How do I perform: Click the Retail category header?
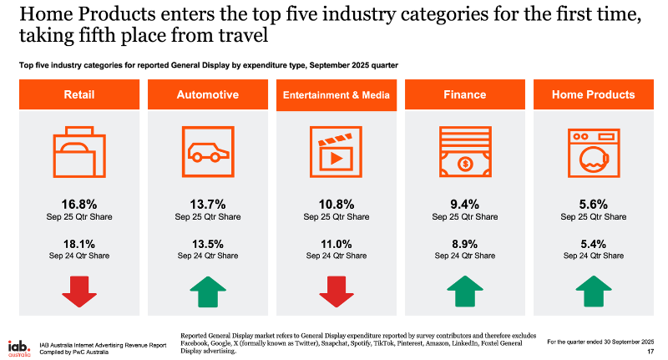click(x=78, y=95)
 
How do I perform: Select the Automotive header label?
click(x=207, y=95)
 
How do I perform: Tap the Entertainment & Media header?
click(x=337, y=95)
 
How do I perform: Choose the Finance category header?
click(x=465, y=95)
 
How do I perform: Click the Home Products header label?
click(x=594, y=95)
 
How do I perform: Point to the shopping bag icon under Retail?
click(x=78, y=152)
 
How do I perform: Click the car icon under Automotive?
click(x=207, y=152)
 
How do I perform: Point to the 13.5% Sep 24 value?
click(x=207, y=244)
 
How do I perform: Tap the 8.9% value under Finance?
click(x=465, y=244)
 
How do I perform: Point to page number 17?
click(x=650, y=352)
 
